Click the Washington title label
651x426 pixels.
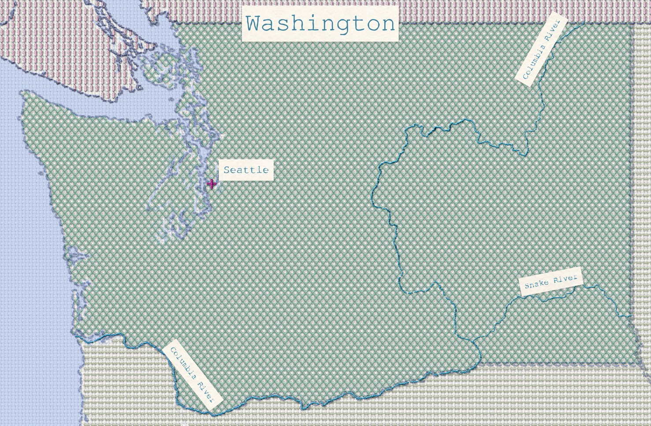(x=320, y=23)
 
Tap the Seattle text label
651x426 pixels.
(x=246, y=170)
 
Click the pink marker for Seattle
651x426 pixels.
(x=212, y=184)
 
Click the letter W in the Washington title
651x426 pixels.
(x=255, y=23)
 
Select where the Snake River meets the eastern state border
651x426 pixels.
(x=631, y=316)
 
